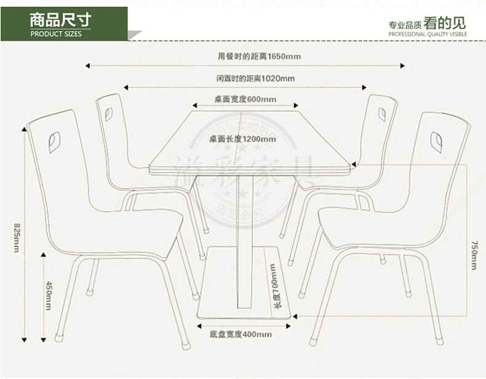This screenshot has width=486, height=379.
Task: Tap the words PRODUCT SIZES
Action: [56, 34]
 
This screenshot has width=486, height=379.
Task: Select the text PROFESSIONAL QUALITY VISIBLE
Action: [428, 35]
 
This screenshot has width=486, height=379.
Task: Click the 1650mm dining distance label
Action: [259, 56]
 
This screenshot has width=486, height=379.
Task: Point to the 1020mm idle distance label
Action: [255, 78]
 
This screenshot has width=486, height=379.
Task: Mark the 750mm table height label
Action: [474, 254]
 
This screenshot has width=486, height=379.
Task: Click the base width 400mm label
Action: [240, 335]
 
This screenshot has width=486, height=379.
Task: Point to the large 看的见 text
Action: [444, 24]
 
